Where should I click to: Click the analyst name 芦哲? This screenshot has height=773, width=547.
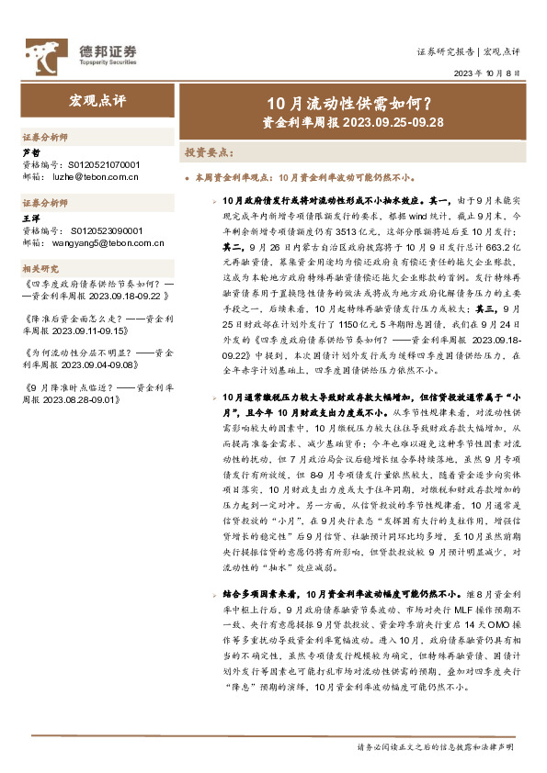tap(30, 153)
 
